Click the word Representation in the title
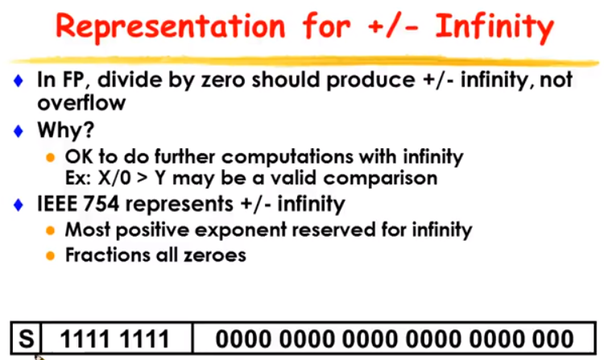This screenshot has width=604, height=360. (170, 27)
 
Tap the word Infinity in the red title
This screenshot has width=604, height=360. (494, 27)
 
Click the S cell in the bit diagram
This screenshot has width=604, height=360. (27, 338)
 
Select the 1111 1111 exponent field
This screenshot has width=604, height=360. (115, 339)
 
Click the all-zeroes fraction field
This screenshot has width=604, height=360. (395, 339)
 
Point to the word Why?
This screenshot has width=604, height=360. (66, 130)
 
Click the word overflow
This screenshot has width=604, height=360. (81, 102)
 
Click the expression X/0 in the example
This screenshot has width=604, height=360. (114, 178)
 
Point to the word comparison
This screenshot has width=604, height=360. (380, 178)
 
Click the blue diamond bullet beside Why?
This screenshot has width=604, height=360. (18, 131)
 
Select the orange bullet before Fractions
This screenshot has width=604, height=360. (50, 255)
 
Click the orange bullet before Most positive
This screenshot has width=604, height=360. (50, 230)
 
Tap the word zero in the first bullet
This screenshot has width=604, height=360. (223, 80)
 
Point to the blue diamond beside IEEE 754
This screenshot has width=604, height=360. (18, 205)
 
